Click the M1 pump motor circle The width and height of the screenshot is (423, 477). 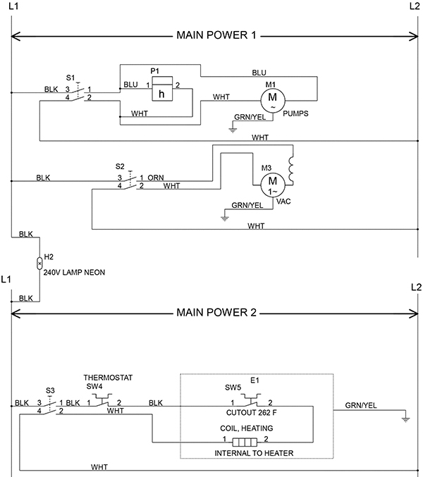(x=272, y=100)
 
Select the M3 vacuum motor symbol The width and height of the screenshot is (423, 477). (x=273, y=185)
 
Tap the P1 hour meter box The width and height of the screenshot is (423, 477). (x=163, y=89)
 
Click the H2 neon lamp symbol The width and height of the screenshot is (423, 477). (x=39, y=263)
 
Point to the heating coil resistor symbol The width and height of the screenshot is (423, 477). (x=245, y=442)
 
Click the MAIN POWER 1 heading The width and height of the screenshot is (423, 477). (x=216, y=35)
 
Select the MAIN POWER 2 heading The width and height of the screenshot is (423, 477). (x=216, y=312)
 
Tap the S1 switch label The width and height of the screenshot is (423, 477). (x=70, y=78)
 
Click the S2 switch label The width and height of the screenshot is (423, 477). (x=120, y=166)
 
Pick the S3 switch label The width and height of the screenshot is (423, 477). (x=50, y=390)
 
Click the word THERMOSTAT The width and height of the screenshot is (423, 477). (x=108, y=378)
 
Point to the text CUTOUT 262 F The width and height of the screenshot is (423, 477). (x=252, y=413)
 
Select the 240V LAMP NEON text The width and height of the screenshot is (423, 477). (x=74, y=272)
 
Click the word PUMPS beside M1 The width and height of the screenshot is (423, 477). (x=295, y=113)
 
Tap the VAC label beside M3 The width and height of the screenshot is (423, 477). (x=283, y=202)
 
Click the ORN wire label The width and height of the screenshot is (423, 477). (x=156, y=178)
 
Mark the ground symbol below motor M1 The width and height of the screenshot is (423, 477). (x=233, y=130)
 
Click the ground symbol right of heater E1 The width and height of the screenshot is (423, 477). (x=405, y=420)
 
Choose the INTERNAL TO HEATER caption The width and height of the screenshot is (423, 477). (x=254, y=453)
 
